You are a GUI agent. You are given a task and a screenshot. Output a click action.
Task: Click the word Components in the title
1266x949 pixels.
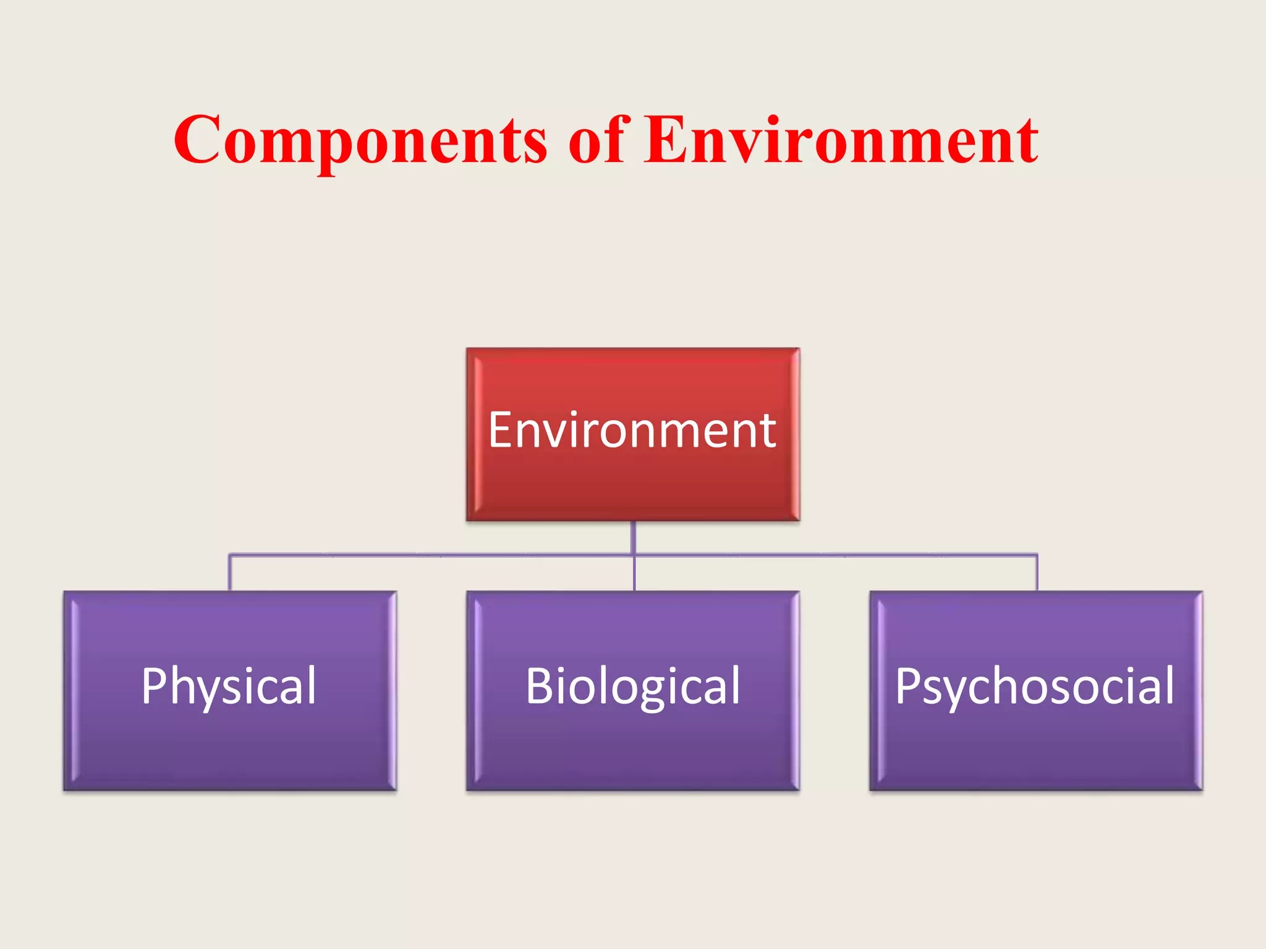(x=360, y=141)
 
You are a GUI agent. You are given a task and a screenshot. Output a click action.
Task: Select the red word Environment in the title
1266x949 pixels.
(x=841, y=141)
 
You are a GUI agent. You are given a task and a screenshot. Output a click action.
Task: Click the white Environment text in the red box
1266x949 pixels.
(x=632, y=430)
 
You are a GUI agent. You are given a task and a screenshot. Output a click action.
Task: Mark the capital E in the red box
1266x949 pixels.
(x=501, y=430)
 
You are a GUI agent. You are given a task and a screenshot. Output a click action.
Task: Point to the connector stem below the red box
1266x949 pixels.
(x=634, y=536)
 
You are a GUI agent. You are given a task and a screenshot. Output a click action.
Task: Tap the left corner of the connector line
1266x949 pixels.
(x=230, y=555)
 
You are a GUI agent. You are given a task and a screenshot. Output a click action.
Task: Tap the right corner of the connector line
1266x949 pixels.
(x=1037, y=555)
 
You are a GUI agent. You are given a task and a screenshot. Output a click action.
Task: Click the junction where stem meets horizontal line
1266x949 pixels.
(x=634, y=555)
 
